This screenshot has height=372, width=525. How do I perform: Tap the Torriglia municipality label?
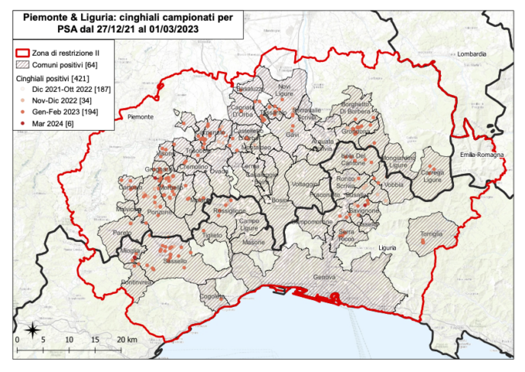pyautogui.click(x=432, y=234)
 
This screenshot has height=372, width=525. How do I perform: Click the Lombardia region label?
pyautogui.click(x=472, y=54)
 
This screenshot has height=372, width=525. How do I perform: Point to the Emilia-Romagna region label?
pyautogui.click(x=482, y=155)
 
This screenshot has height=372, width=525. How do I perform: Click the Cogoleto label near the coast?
pyautogui.click(x=212, y=296)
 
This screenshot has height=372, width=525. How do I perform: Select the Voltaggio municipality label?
pyautogui.click(x=304, y=184)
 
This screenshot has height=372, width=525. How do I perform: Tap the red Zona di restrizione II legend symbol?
pyautogui.click(x=29, y=52)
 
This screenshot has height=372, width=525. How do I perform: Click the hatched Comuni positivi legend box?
pyautogui.click(x=29, y=65)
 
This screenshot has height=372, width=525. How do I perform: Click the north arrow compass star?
pyautogui.click(x=32, y=330)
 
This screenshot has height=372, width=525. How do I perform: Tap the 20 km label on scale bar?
pyautogui.click(x=127, y=340)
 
